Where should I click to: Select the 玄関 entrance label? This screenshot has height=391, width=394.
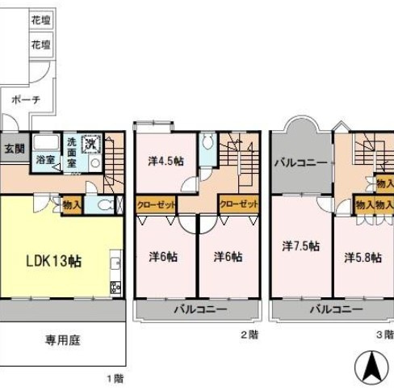pyautogui.click(x=12, y=149)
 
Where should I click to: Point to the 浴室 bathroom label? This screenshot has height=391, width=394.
pyautogui.click(x=44, y=159)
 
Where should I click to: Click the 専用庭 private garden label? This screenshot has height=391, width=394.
pyautogui.click(x=62, y=340)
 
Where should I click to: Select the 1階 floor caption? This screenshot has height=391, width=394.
pyautogui.click(x=115, y=376)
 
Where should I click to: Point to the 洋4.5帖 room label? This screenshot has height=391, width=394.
pyautogui.click(x=165, y=160)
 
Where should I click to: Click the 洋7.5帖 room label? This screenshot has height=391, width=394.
pyautogui.click(x=300, y=246)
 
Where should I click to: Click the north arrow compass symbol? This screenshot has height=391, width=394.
pyautogui.click(x=371, y=369)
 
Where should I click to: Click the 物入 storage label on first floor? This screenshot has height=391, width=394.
pyautogui.click(x=72, y=205)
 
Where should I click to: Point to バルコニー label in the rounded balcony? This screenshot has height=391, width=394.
pyautogui.click(x=300, y=162)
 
